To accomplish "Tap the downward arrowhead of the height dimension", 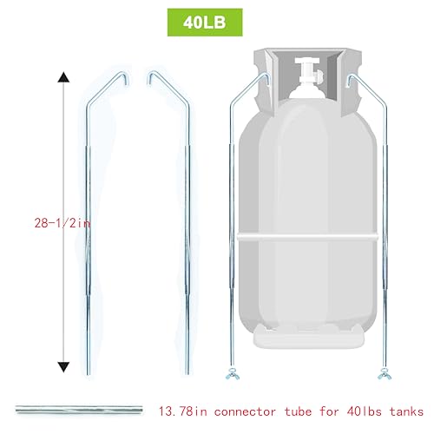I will [62, 366].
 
